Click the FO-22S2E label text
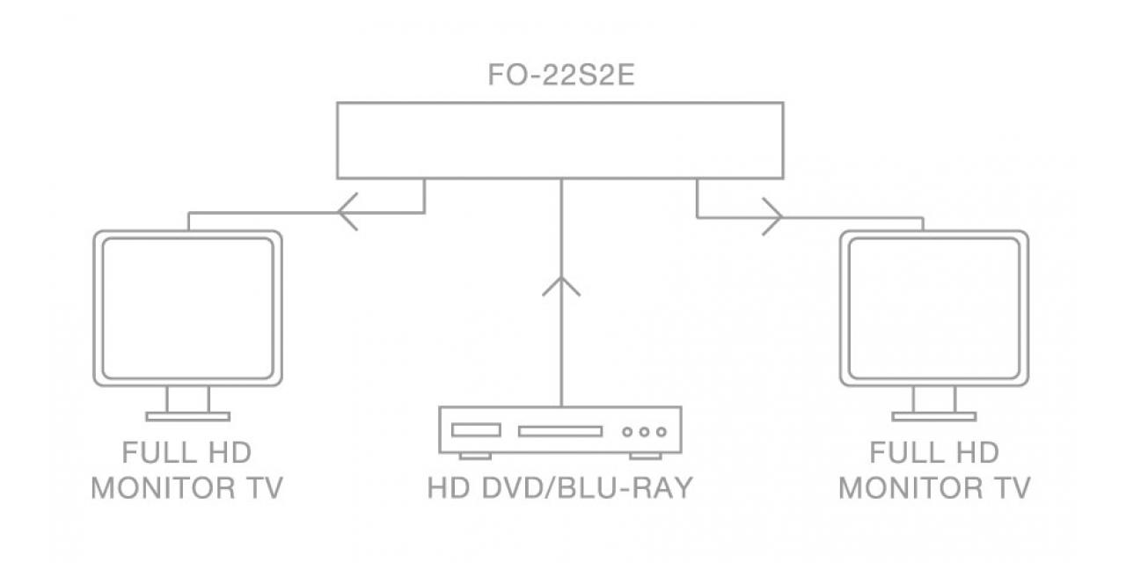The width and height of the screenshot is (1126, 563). click(x=561, y=75)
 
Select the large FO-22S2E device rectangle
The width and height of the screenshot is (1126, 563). click(x=560, y=103)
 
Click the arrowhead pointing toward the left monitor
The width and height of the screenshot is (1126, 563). click(x=347, y=212)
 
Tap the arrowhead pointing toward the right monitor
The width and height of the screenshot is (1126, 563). click(x=772, y=216)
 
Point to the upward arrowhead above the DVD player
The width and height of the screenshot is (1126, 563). click(x=561, y=286)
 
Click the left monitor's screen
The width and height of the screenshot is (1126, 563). click(x=188, y=308)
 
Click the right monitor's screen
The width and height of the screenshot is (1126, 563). click(x=934, y=308)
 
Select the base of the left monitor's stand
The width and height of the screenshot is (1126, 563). click(x=188, y=416)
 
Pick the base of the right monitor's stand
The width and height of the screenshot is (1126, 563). click(x=934, y=416)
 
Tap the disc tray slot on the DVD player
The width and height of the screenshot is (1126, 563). click(x=560, y=431)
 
